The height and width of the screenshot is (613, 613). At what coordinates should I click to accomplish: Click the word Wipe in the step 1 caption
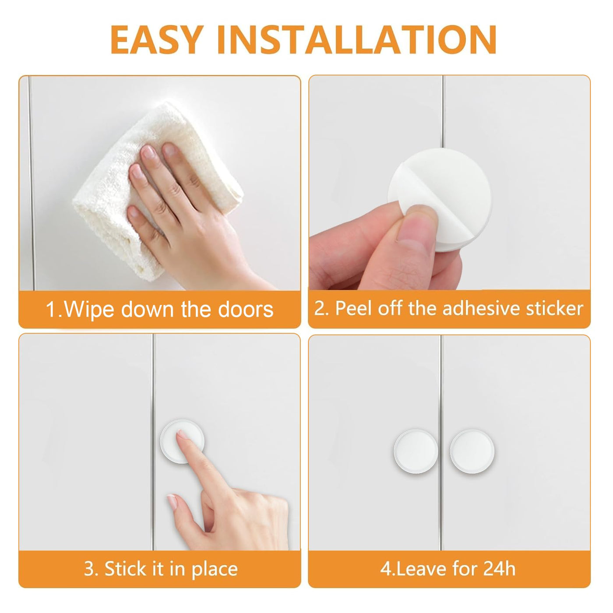tap(89, 310)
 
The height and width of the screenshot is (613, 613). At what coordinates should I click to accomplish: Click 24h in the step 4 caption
tap(499, 568)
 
